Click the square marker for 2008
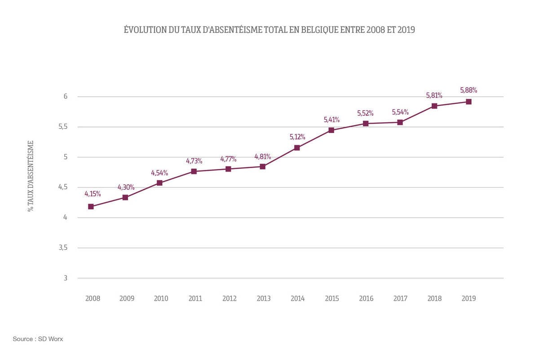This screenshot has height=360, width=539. (91, 207)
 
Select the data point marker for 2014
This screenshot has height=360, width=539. (297, 148)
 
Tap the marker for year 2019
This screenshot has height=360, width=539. (468, 102)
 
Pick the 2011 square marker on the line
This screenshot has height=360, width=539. (194, 171)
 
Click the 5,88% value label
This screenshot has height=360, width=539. (468, 90)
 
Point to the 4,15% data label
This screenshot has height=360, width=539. (92, 194)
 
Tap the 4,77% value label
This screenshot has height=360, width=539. (228, 159)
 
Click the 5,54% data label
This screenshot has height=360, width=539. (400, 112)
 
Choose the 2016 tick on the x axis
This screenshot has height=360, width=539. (366, 298)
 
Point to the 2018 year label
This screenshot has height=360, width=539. (434, 298)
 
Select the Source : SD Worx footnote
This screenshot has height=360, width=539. (38, 339)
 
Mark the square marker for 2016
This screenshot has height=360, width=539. (366, 124)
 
